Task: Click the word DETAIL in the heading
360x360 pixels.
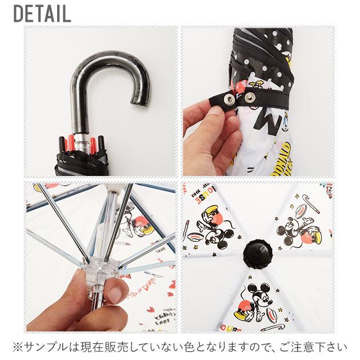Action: (42, 13)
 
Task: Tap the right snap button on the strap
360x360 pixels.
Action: (250, 97)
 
